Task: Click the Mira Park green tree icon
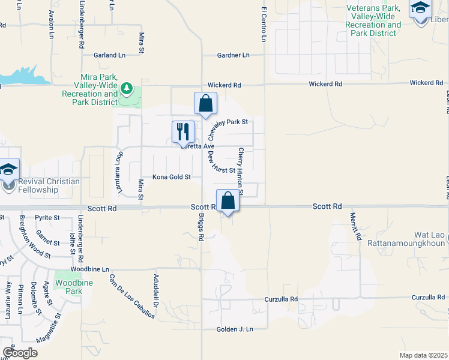[x=126, y=89]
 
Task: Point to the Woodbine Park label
[x=68, y=287]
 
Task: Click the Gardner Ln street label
[x=233, y=55]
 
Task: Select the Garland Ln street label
[x=109, y=55]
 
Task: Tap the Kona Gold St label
[x=171, y=177]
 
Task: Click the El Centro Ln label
[x=264, y=24]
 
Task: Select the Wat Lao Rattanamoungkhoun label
[x=406, y=239]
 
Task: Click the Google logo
[x=20, y=353]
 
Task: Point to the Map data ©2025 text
[x=424, y=355]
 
